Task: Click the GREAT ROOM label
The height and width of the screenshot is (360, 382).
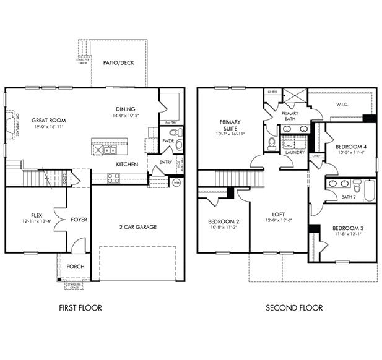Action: [x=49, y=121]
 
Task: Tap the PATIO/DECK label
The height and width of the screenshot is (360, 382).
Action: [x=118, y=62]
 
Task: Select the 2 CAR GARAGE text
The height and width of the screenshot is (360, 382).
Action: [x=137, y=227]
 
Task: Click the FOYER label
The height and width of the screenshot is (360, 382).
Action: [x=79, y=220]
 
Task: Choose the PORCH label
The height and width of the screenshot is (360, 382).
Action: [x=76, y=267]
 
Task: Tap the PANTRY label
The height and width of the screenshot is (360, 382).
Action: [x=170, y=122]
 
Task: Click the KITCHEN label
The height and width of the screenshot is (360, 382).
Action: [x=127, y=165]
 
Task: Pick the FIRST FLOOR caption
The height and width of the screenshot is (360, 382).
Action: [x=80, y=307]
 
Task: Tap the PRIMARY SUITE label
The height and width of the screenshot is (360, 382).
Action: [x=230, y=126]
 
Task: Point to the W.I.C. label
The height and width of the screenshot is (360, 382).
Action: [x=342, y=105]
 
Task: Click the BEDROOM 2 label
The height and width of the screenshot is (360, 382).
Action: [x=223, y=221]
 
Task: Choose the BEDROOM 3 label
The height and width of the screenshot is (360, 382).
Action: [x=349, y=228]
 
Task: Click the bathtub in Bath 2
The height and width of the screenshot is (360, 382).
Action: [x=369, y=191]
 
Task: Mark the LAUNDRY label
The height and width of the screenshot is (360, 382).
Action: [x=293, y=152]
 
